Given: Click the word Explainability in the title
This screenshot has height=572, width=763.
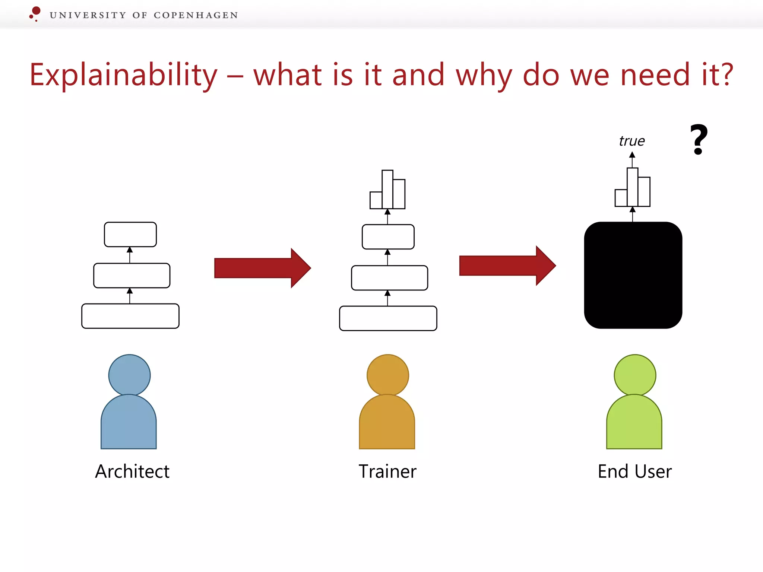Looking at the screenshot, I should click(x=123, y=75).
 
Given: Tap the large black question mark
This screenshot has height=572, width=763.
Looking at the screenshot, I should click(x=699, y=139).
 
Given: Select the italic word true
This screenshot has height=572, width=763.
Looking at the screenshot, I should click(x=632, y=141).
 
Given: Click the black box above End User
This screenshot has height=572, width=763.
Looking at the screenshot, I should click(x=633, y=275).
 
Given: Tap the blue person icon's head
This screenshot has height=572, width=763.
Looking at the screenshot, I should click(x=129, y=375).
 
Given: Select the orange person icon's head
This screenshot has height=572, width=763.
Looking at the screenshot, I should click(x=387, y=375).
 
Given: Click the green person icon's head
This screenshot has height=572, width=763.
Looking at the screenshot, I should click(x=635, y=375).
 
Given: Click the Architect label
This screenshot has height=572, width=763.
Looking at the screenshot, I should click(x=132, y=471).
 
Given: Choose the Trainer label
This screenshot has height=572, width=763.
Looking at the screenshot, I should click(x=387, y=471).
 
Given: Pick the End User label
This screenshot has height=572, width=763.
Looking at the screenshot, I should click(x=635, y=471).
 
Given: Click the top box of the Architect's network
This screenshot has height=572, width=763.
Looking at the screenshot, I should click(x=130, y=235).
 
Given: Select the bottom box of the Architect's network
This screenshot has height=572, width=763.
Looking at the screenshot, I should click(x=130, y=316).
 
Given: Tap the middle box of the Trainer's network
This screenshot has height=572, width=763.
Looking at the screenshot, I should click(x=389, y=278).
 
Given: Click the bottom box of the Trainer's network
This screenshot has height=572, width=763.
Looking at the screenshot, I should click(x=388, y=318).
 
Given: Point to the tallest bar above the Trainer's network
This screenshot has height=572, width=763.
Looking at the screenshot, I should click(x=387, y=189).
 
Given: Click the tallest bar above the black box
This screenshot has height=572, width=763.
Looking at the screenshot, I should click(x=633, y=187).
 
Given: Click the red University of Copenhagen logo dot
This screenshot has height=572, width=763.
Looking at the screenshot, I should click(x=36, y=11).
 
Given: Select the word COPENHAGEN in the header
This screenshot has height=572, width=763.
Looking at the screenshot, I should click(x=196, y=15).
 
